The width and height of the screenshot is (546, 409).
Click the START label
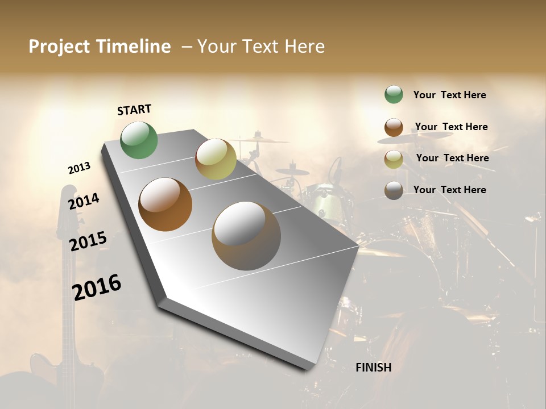134,110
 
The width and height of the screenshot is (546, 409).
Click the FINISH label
373,368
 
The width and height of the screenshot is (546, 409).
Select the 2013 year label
79,168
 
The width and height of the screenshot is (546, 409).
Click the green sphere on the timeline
139,140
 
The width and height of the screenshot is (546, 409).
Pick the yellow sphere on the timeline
216,159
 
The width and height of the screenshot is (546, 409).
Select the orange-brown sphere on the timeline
166,204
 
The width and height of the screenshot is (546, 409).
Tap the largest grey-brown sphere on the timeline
246,236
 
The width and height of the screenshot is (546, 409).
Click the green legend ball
394,95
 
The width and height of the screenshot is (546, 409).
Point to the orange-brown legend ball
394,127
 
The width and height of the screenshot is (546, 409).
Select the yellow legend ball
394,159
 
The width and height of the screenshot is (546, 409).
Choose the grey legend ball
394,190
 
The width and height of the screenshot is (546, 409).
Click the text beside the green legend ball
449,95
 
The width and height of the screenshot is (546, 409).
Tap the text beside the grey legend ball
449,190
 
